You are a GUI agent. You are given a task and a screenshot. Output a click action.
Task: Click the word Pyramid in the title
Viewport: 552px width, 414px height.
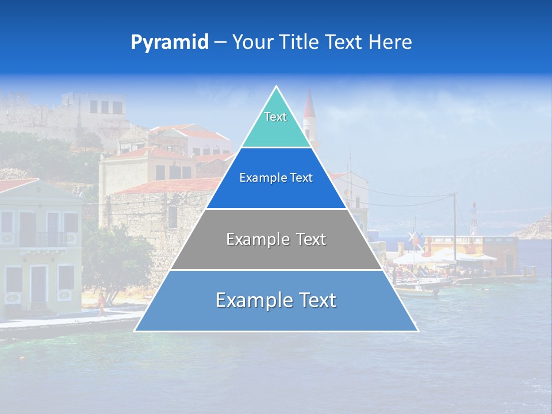(x=169, y=43)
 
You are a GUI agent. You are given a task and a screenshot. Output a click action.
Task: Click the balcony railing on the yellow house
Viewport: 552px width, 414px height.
(x=43, y=239)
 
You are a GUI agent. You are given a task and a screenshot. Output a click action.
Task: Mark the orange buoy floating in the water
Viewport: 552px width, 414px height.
(x=22, y=358)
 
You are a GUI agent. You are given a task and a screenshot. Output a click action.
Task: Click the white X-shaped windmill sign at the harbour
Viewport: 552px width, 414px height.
(x=412, y=237)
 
